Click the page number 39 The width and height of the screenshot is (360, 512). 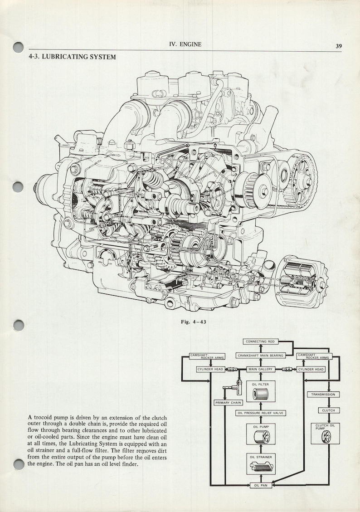(339, 46)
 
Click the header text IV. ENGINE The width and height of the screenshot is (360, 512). (185, 44)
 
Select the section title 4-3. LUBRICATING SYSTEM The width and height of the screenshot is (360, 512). (72, 57)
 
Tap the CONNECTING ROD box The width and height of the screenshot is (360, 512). (260, 341)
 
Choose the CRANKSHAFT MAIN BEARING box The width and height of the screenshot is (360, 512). (260, 356)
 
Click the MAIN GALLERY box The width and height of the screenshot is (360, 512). (260, 370)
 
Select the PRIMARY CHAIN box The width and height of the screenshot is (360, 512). (228, 402)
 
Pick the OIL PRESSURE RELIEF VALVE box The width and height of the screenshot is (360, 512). (260, 413)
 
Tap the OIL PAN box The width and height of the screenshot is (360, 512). (260, 485)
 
